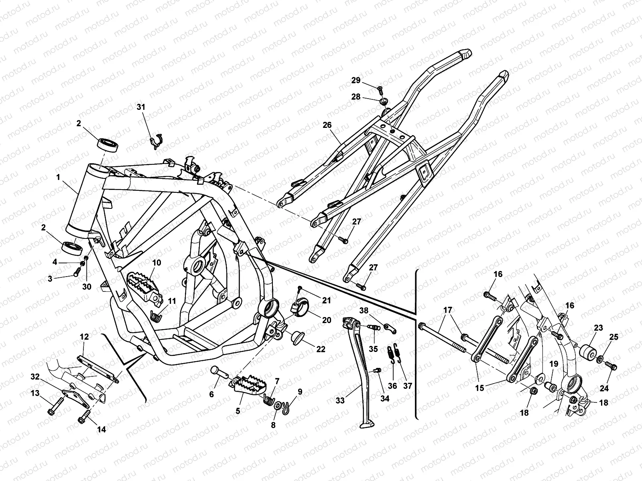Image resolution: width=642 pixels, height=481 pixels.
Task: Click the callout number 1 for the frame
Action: pos(59,177)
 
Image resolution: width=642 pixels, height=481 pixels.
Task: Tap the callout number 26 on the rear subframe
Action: pos(327,125)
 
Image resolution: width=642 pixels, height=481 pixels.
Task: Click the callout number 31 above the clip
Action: pos(140,107)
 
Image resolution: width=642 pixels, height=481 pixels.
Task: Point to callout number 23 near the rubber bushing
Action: pos(598,327)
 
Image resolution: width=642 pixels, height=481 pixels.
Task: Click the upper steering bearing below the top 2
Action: pos(108,145)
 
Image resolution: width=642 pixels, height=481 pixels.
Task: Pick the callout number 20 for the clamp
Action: pos(327,320)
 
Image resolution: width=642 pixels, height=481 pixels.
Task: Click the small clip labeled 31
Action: pos(155,140)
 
